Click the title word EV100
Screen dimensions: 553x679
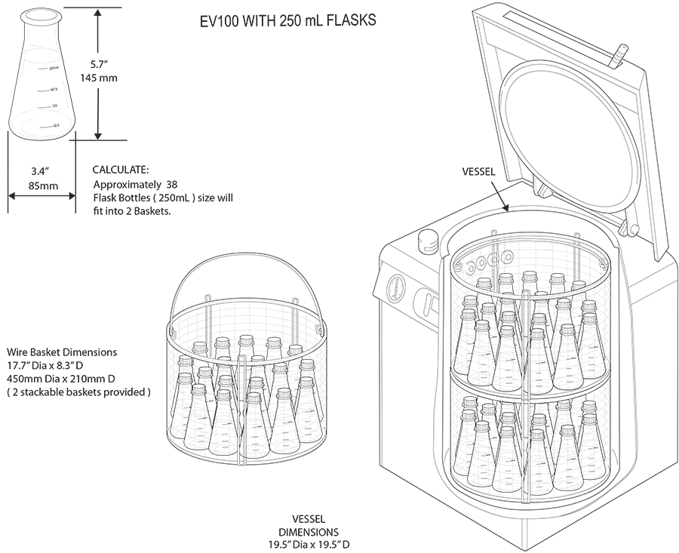tap(213, 20)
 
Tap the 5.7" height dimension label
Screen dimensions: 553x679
tap(97, 65)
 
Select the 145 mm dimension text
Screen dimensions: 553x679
tap(99, 78)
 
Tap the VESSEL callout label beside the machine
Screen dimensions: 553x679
tap(479, 172)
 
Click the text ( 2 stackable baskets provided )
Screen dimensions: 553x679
tap(78, 392)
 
